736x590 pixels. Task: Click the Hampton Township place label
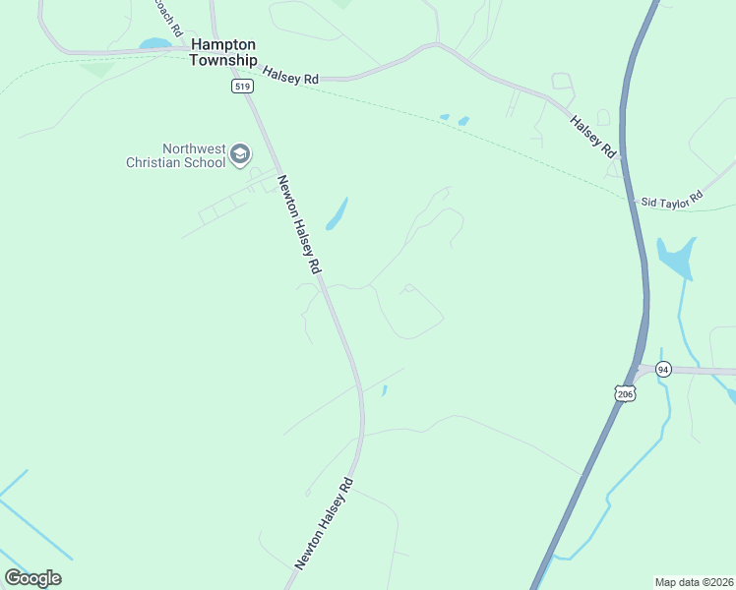tap(223, 52)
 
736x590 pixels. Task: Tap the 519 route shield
tap(243, 87)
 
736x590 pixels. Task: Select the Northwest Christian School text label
tap(175, 155)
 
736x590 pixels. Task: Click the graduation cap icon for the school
tap(240, 154)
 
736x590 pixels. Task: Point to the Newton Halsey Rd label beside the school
tap(299, 225)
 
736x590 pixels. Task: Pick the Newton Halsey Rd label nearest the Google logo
tap(323, 525)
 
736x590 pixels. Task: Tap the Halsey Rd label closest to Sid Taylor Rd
tap(593, 136)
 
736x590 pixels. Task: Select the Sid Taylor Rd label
tap(672, 198)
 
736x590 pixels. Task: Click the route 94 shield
tap(663, 369)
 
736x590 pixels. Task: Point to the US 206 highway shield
tap(625, 392)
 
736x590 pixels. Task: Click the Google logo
tap(32, 577)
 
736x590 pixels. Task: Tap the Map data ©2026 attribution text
tap(694, 581)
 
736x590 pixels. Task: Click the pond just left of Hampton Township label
tap(154, 44)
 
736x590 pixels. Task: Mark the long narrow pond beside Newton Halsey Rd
tap(337, 213)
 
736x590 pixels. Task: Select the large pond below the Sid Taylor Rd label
tap(676, 258)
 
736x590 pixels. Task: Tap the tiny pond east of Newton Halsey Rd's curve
tap(384, 390)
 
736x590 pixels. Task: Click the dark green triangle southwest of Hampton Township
tap(97, 69)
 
